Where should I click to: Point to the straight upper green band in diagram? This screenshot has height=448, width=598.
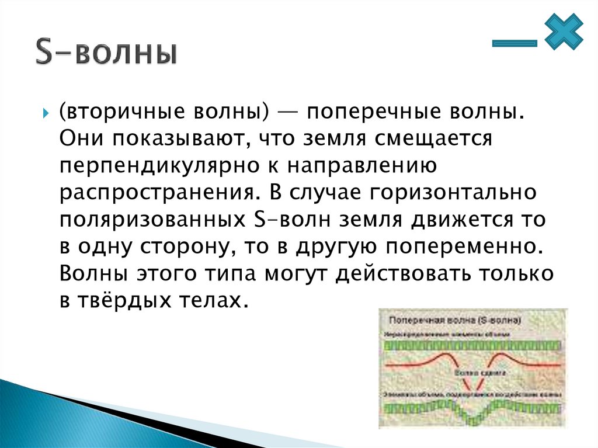pos(473,346)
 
